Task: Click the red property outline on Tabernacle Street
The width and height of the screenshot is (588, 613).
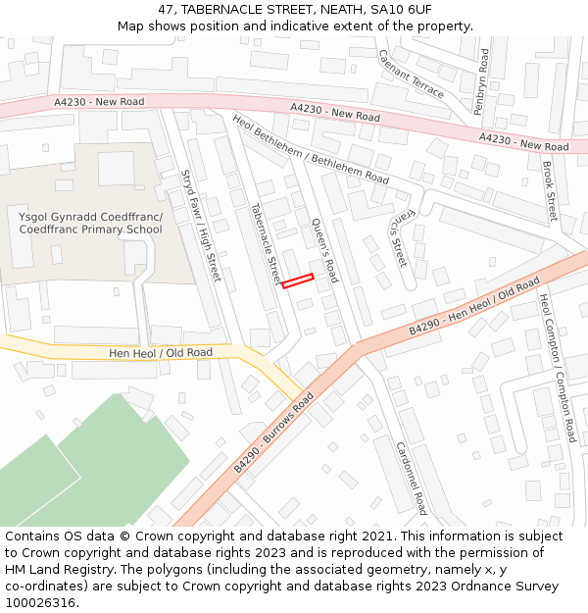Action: coord(298,281)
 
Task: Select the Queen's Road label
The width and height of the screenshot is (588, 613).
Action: coord(324,250)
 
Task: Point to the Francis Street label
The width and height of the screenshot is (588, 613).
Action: coord(403,236)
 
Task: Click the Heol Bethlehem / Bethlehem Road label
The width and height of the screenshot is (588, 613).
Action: coord(310,150)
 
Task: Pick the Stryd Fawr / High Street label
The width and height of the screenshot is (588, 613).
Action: coord(200,225)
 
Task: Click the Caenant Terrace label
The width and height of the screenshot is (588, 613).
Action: coord(411,73)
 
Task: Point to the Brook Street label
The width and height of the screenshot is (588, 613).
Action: coord(549,191)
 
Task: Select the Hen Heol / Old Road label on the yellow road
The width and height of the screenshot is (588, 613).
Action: coord(161,352)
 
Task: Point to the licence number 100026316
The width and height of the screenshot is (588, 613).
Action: coord(40,603)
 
